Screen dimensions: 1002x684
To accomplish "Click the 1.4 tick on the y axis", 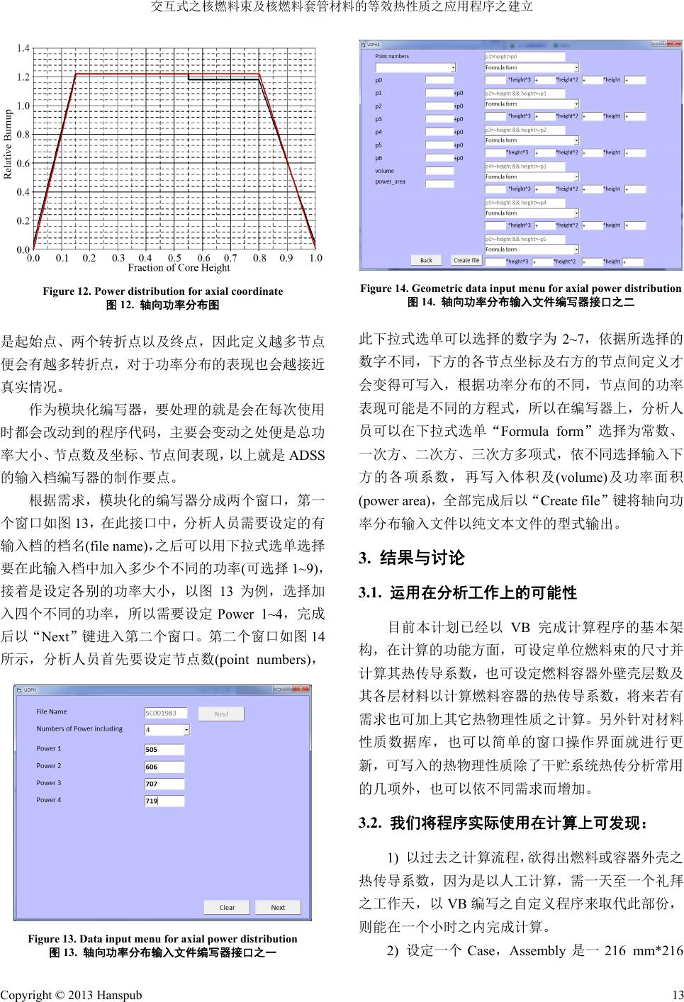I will click(23, 48).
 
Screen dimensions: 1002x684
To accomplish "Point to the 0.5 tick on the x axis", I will click(174, 259).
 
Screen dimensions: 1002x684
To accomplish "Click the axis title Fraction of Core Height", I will click(179, 268).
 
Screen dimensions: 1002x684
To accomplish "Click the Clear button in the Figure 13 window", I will click(227, 907).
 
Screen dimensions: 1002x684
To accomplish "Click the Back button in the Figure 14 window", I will click(426, 260).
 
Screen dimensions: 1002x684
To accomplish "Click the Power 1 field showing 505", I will click(164, 749).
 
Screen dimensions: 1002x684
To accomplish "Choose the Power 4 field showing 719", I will click(164, 801).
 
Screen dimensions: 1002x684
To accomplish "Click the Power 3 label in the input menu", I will click(49, 783).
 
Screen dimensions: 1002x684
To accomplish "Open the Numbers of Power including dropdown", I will click(186, 730).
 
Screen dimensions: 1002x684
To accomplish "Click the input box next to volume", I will click(439, 171).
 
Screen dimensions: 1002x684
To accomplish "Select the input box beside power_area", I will click(439, 183).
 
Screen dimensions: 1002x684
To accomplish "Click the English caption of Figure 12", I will click(162, 291).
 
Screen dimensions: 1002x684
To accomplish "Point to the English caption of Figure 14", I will click(520, 288).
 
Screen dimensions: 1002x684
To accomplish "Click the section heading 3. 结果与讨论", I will click(412, 558).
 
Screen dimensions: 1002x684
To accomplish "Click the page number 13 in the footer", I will click(677, 995).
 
